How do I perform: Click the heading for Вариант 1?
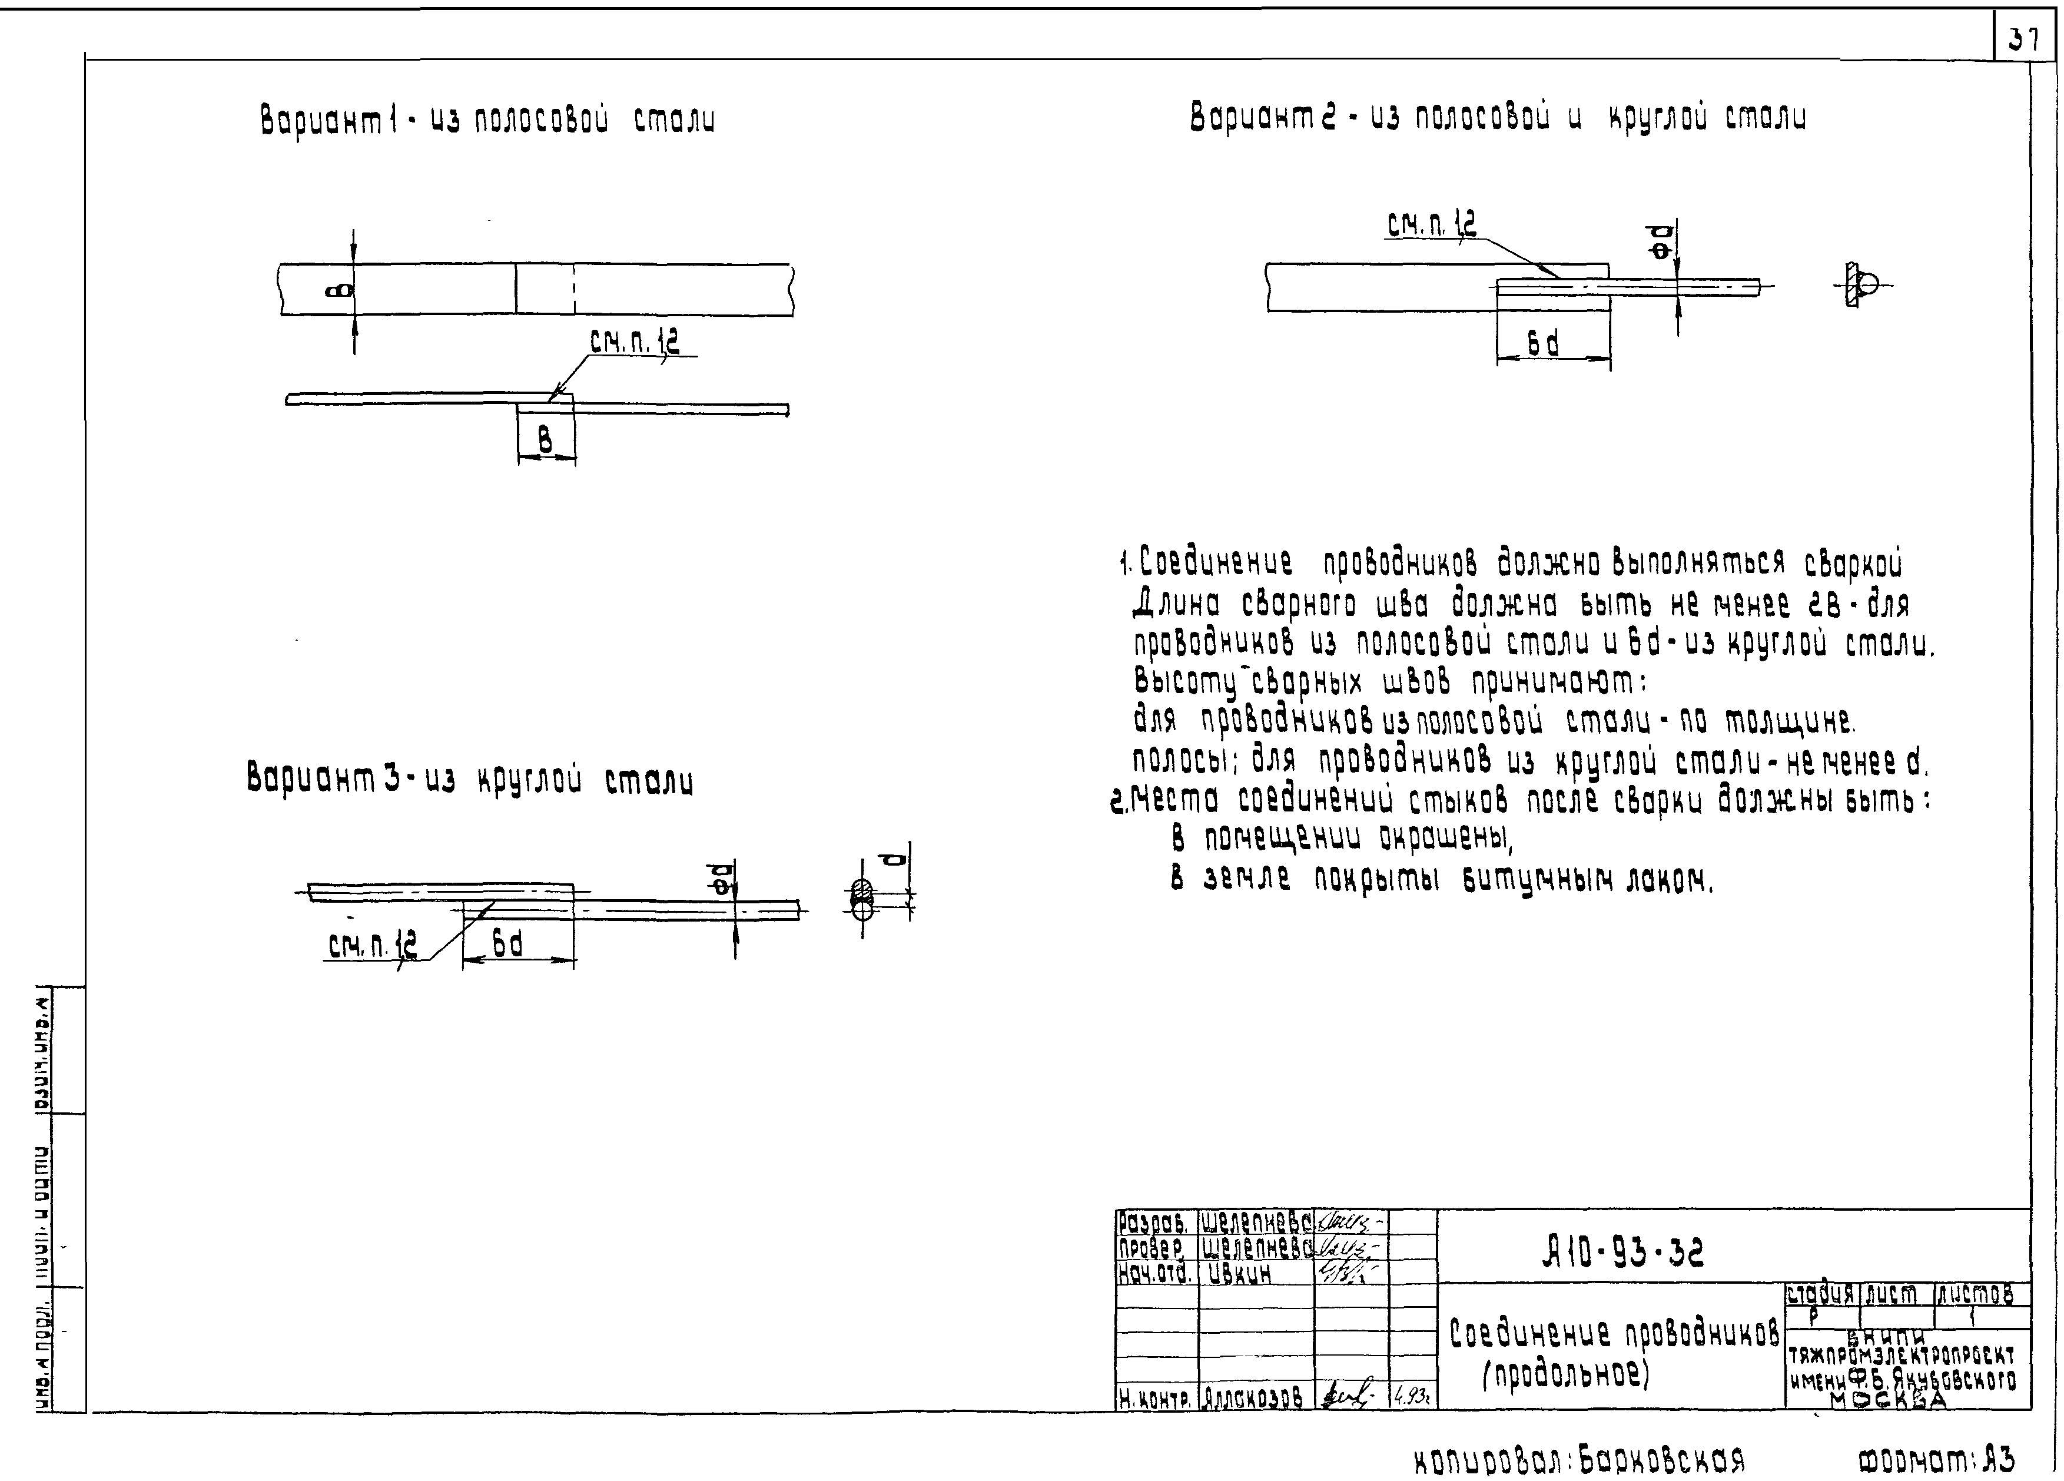point(487,120)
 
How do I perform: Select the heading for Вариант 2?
point(1497,117)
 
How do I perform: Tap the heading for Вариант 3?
point(470,780)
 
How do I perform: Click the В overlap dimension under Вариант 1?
point(545,442)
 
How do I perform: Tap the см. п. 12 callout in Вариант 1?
point(634,342)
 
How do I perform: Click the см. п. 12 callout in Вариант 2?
point(1432,224)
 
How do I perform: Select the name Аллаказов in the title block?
point(1252,1396)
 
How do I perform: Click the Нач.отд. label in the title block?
point(1154,1274)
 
